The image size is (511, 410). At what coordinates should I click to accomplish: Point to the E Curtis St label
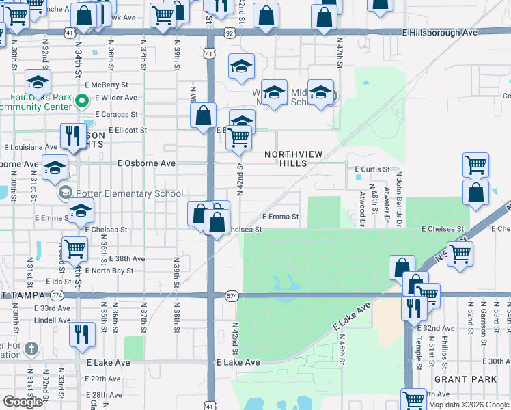click(372, 169)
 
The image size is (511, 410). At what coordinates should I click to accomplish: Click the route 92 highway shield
click(230, 32)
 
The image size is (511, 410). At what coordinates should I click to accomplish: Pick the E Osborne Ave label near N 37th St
click(146, 163)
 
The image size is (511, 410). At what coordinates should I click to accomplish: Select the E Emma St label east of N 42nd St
click(280, 217)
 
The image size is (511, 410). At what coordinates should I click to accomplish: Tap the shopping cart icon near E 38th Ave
click(74, 249)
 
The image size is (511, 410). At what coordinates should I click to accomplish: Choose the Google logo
click(23, 402)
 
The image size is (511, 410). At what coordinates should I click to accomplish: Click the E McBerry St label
click(107, 85)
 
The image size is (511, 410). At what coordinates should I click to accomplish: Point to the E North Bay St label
click(112, 271)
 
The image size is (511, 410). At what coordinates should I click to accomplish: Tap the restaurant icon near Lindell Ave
click(80, 334)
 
